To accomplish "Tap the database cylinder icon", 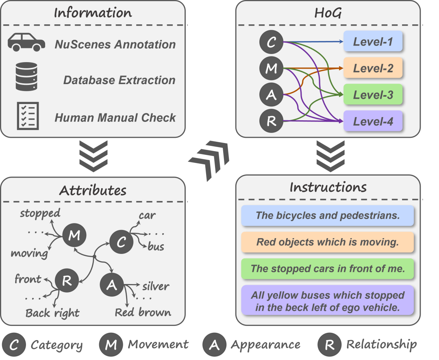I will pyautogui.click(x=26, y=77).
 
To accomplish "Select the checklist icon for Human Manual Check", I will pyautogui.click(x=28, y=116).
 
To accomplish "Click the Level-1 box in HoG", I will pyautogui.click(x=373, y=42).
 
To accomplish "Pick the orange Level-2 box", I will pyautogui.click(x=373, y=68).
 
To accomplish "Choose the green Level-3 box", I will pyautogui.click(x=373, y=95).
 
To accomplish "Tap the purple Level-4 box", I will pyautogui.click(x=373, y=121).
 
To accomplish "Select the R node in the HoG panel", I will pyautogui.click(x=271, y=121).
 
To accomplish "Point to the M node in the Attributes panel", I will pyautogui.click(x=74, y=236).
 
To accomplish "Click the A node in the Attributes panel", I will pyautogui.click(x=112, y=286).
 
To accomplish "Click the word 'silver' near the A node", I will pyautogui.click(x=156, y=286).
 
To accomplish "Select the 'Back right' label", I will pyautogui.click(x=52, y=312).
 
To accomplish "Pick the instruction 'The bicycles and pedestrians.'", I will pyautogui.click(x=327, y=215).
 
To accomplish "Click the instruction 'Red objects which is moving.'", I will pyautogui.click(x=327, y=242).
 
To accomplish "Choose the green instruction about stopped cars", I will pyautogui.click(x=327, y=269).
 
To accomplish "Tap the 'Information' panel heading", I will pyautogui.click(x=93, y=13).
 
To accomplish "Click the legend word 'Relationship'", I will pyautogui.click(x=381, y=345).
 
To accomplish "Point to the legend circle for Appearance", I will pyautogui.click(x=214, y=345).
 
